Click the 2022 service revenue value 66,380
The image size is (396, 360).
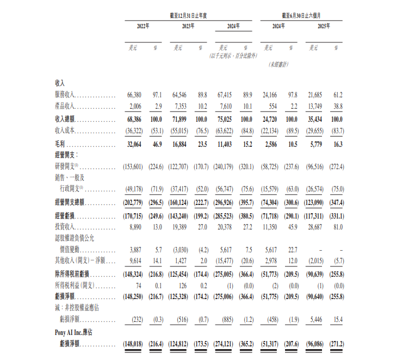134,95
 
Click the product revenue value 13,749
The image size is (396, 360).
317,106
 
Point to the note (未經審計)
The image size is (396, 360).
279,65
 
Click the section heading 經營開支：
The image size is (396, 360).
67,156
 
